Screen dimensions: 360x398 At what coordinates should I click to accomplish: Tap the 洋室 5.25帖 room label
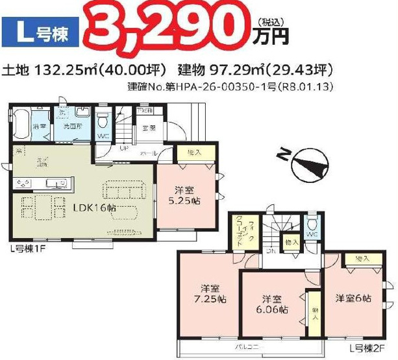pos(186,196)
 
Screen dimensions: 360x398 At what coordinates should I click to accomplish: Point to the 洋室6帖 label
pos(353,298)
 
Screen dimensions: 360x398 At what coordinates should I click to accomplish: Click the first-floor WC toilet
pos(103,123)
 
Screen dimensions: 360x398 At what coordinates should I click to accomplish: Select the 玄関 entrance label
pos(149,128)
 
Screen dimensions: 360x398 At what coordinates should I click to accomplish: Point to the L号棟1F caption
pos(27,248)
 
